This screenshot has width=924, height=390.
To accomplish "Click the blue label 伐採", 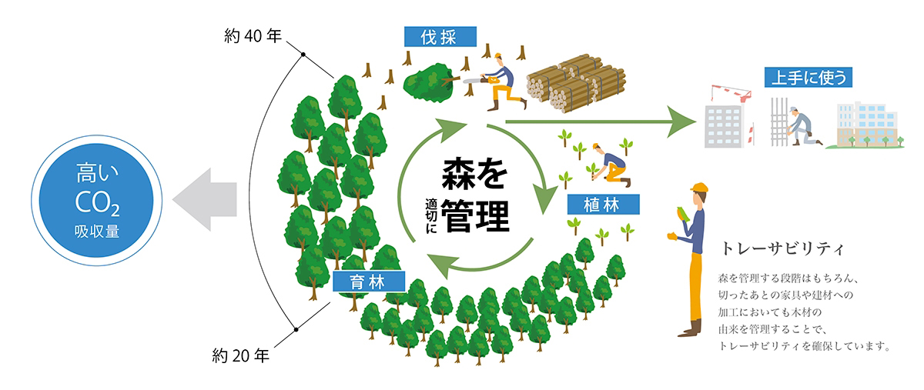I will (x=440, y=36).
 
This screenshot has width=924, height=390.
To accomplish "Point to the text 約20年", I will (x=240, y=356).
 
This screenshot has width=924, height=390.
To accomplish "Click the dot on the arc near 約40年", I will (x=303, y=54).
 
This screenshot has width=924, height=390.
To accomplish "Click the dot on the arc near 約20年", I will (x=295, y=330).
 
